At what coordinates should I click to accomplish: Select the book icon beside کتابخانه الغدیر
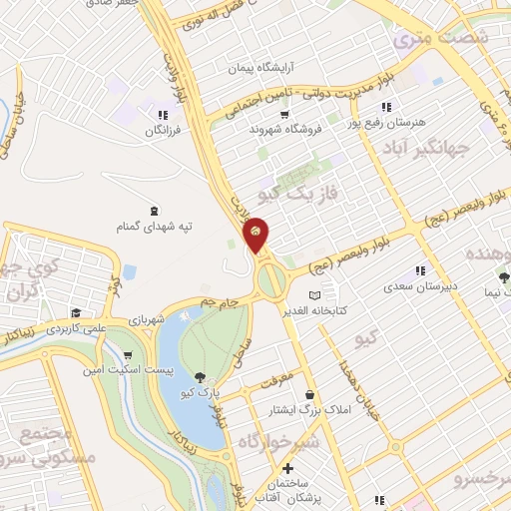tap(316, 295)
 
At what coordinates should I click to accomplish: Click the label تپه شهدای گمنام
tap(155, 227)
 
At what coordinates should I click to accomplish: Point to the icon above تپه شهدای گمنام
tap(154, 211)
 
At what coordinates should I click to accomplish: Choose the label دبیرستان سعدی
tap(420, 286)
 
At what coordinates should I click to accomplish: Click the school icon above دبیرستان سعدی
tap(420, 270)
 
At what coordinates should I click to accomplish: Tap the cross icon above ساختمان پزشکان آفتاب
tap(288, 468)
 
